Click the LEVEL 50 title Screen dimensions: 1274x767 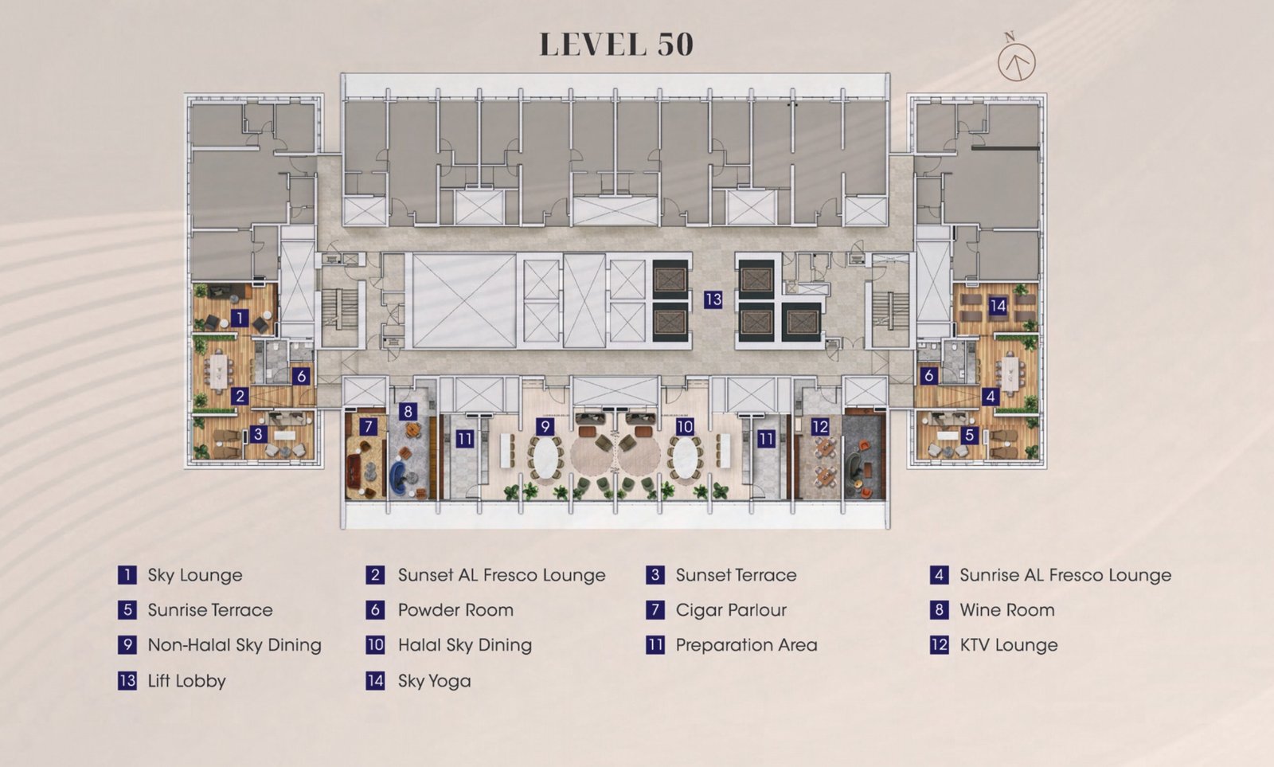616,45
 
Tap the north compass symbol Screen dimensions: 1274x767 1016,59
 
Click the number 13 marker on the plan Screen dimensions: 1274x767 713,299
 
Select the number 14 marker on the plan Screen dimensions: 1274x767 998,306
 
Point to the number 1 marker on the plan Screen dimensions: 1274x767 240,318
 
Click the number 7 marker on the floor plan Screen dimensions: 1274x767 368,426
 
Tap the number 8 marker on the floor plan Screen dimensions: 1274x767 407,411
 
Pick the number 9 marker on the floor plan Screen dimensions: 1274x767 545,426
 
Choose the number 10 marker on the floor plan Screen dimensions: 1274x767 685,426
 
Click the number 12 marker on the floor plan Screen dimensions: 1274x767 819,426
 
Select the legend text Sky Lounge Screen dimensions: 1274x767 195,575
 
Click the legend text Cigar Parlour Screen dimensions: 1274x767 732,611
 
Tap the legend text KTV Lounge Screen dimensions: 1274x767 1009,645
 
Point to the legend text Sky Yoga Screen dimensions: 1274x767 435,681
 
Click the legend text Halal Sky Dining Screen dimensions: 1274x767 465,645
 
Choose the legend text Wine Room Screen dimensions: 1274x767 1007,611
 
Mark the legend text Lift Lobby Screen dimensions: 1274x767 186,681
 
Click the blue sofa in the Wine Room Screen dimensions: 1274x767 403,477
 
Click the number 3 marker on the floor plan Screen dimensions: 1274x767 258,434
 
